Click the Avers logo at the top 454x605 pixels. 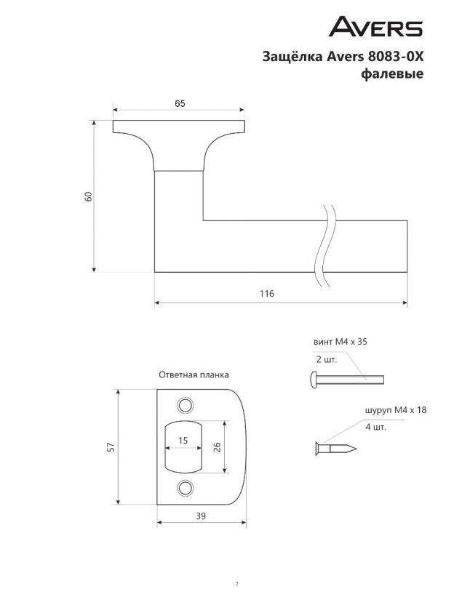[x=375, y=26]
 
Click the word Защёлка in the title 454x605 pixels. [x=293, y=56]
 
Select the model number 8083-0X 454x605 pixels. [x=396, y=56]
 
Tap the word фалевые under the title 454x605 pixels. [x=392, y=73]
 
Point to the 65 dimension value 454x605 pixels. [x=180, y=103]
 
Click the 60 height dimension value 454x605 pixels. [x=89, y=196]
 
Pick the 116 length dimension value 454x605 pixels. [x=267, y=294]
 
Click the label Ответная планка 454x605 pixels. [x=194, y=374]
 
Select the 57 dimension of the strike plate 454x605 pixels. [x=111, y=446]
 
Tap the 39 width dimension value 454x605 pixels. [x=201, y=516]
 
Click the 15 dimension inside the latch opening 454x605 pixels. [x=183, y=440]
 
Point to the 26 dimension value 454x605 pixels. [x=217, y=446]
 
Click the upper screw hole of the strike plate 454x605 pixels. [x=185, y=405]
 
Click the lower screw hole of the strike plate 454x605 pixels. [x=185, y=488]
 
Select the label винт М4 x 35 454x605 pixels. [x=340, y=342]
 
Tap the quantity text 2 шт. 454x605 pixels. [x=326, y=359]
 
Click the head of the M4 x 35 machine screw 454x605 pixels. [x=314, y=380]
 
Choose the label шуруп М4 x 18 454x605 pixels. [x=396, y=410]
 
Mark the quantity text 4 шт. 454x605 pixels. [x=375, y=427]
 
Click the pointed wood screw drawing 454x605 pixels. [x=336, y=449]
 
